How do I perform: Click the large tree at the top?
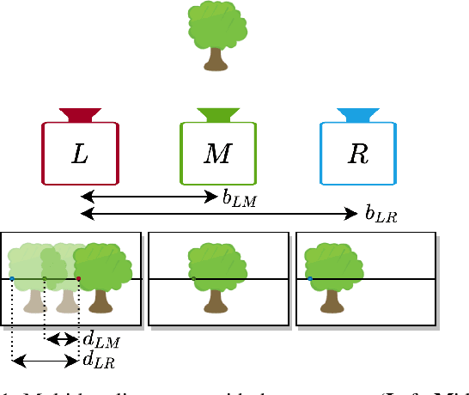coord(216,35)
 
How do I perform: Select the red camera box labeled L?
coord(80,153)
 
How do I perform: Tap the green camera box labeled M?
coord(218,153)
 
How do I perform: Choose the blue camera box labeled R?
coord(358,153)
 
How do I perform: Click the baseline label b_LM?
coord(238,199)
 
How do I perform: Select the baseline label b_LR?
coord(380,214)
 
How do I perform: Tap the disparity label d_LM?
coord(100,341)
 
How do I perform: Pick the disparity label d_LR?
coord(98,361)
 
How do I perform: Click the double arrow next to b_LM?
coord(149,197)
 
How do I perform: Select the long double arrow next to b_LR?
coord(218,212)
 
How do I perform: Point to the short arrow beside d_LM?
coord(62,338)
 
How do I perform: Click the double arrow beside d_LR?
coord(45,362)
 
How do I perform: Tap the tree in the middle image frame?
coord(216,274)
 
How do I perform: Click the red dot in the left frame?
coord(78,279)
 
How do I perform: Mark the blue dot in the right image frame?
coord(310,278)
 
